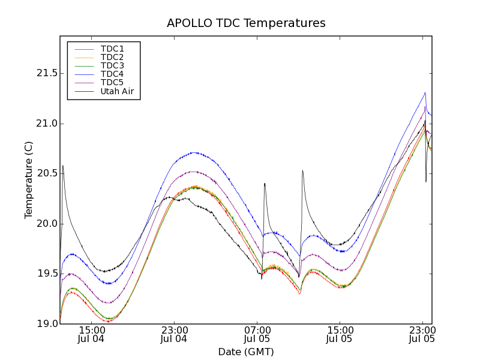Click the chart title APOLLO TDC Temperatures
246,23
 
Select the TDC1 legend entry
112,49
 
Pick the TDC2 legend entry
112,57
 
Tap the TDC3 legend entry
112,65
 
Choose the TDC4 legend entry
112,74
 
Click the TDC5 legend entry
112,83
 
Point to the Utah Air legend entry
117,92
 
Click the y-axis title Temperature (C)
29,180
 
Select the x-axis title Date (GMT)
246,352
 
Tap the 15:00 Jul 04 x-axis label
92,334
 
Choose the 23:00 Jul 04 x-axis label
175,334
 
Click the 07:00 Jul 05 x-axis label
257,334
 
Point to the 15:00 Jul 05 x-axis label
340,334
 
